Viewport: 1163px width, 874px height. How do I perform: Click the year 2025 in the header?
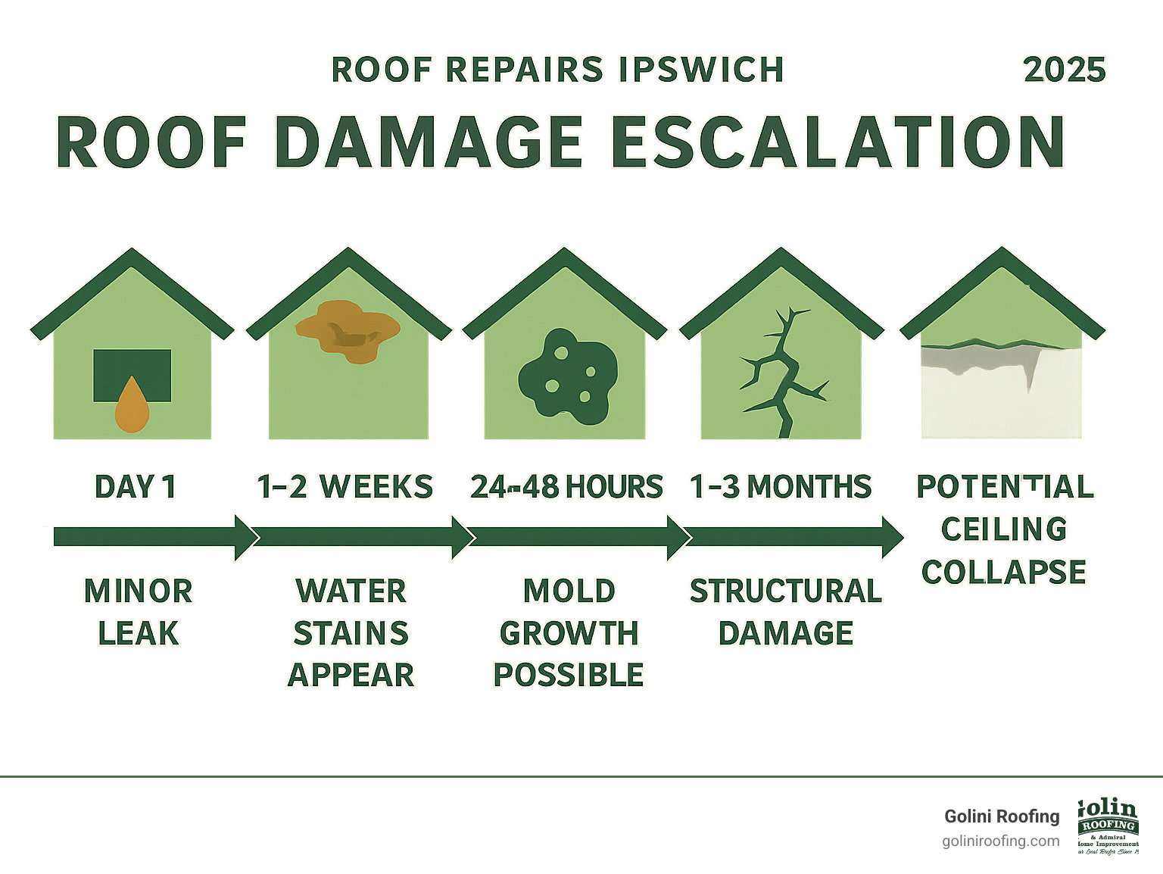pyautogui.click(x=1064, y=70)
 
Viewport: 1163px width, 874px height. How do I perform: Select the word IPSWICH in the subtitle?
pyautogui.click(x=700, y=70)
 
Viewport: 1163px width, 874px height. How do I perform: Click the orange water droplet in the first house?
pyautogui.click(x=132, y=405)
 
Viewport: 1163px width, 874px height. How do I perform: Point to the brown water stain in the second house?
pyautogui.click(x=348, y=330)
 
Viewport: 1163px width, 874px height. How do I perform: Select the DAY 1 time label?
pyautogui.click(x=136, y=486)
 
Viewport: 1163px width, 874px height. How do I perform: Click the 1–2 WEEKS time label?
pyautogui.click(x=345, y=486)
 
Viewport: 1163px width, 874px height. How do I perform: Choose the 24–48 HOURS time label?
pyautogui.click(x=566, y=486)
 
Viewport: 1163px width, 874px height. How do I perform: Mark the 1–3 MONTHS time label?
pyautogui.click(x=781, y=486)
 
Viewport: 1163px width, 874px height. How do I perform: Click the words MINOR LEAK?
pyautogui.click(x=138, y=612)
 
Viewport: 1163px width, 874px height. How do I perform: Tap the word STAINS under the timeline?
pyautogui.click(x=351, y=633)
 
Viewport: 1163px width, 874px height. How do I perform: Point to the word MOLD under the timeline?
pyautogui.click(x=569, y=592)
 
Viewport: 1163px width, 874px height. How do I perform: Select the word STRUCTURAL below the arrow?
pyautogui.click(x=785, y=592)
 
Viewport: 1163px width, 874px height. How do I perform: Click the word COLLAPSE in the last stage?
pyautogui.click(x=1003, y=572)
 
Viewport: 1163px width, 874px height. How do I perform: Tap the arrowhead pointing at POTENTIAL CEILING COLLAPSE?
pyautogui.click(x=891, y=537)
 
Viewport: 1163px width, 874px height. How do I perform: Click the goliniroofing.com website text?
pyautogui.click(x=1000, y=841)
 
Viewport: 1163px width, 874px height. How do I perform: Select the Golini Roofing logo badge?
pyautogui.click(x=1108, y=826)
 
